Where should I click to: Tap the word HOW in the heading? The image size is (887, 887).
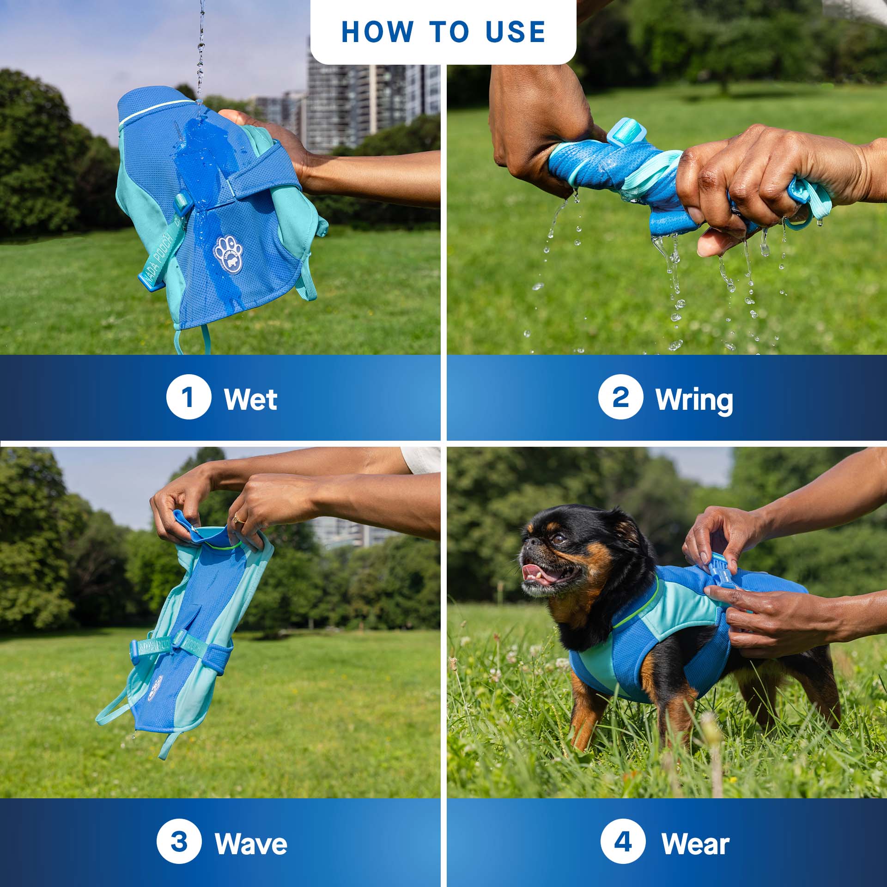click(377, 32)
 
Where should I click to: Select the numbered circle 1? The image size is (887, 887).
click(188, 397)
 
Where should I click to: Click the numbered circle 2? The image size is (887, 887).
click(620, 397)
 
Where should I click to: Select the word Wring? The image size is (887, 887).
click(694, 400)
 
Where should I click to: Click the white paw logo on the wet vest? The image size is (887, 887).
click(228, 254)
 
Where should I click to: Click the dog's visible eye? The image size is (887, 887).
click(559, 539)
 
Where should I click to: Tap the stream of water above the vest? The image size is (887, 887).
click(200, 46)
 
